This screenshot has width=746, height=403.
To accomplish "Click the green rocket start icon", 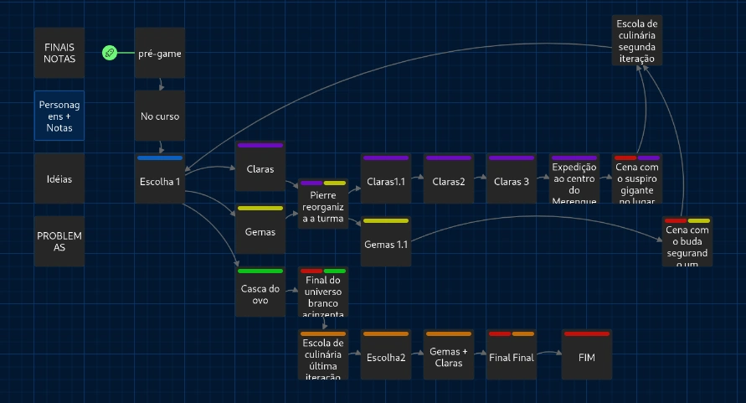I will click(109, 53).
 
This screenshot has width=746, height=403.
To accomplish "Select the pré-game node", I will click(159, 53).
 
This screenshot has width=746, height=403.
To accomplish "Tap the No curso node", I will click(159, 116).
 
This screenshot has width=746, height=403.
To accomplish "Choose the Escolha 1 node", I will click(159, 181).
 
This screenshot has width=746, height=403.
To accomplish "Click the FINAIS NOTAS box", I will click(59, 53).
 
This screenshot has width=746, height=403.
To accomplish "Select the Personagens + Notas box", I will click(59, 116).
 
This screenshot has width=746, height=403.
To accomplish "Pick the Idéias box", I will click(59, 178).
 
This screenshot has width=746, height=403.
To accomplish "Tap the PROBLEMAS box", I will click(59, 241).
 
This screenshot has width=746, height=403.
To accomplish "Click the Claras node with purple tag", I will click(260, 168).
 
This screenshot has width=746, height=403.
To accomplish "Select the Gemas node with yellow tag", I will click(260, 231).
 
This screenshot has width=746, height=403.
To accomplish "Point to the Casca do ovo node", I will click(260, 294).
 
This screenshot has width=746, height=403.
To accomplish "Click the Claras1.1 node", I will click(386, 181).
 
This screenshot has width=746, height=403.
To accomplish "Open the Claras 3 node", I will click(512, 181).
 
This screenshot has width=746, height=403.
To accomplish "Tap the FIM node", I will click(586, 357).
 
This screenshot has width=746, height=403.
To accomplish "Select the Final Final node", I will click(512, 357).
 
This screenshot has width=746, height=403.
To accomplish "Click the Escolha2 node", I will click(386, 357).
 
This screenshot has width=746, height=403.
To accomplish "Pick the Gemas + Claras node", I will click(448, 357).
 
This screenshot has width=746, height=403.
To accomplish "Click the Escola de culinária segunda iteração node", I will click(637, 39).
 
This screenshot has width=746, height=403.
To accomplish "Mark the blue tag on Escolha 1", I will click(159, 158).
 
